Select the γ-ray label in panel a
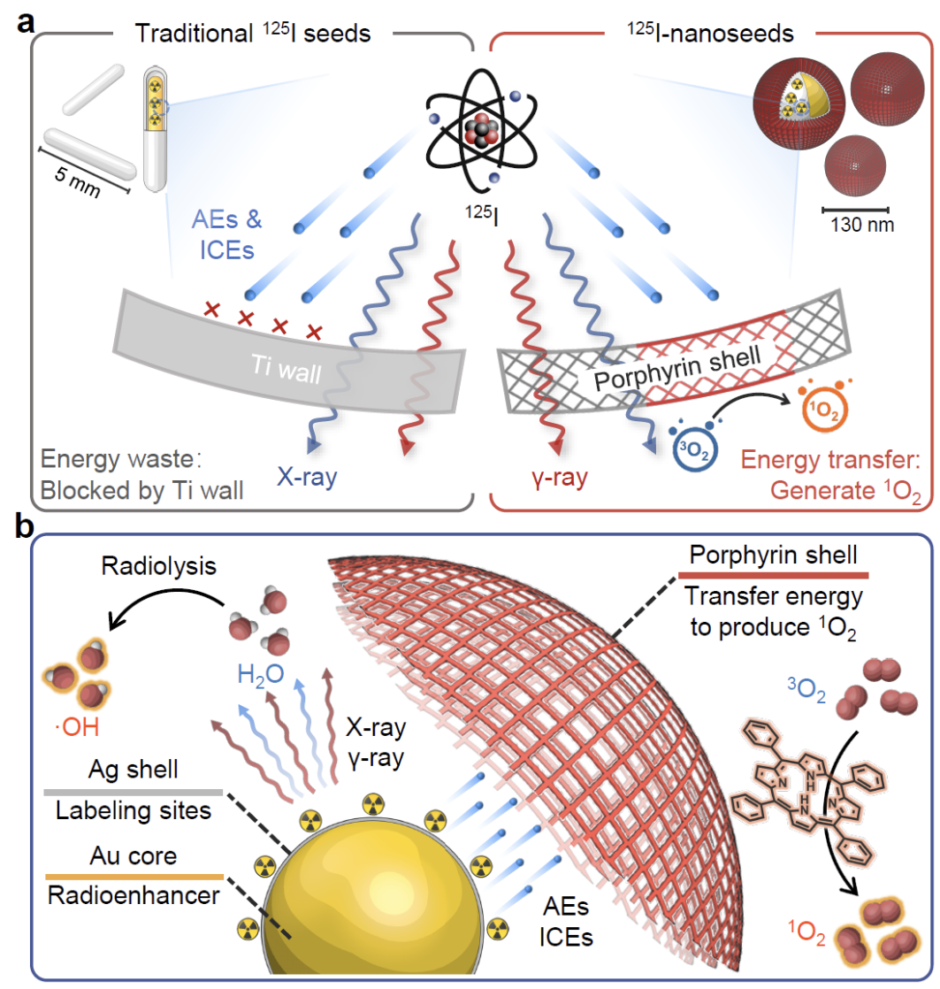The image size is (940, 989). (x=554, y=479)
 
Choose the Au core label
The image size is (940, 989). (x=129, y=856)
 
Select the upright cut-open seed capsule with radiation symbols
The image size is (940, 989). (x=154, y=130)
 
